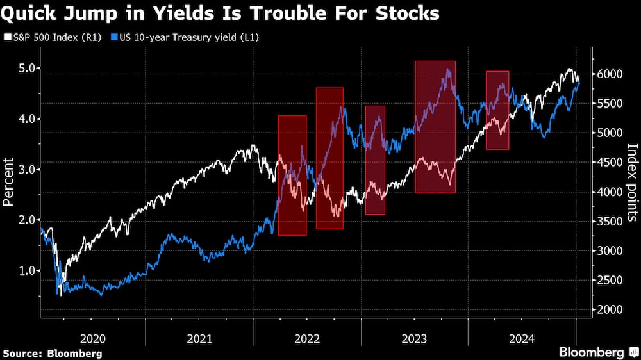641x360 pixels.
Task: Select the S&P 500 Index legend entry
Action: click(x=45, y=37)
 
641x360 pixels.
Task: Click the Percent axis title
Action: click(x=9, y=182)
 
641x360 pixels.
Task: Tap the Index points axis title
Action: click(x=632, y=182)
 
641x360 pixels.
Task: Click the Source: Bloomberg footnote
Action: click(x=53, y=353)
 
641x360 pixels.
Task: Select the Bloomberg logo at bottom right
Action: click(x=596, y=352)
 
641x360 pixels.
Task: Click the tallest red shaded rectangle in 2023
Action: click(x=435, y=127)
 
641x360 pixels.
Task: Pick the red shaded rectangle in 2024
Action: click(x=497, y=110)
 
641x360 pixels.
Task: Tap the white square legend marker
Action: click(x=7, y=37)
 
